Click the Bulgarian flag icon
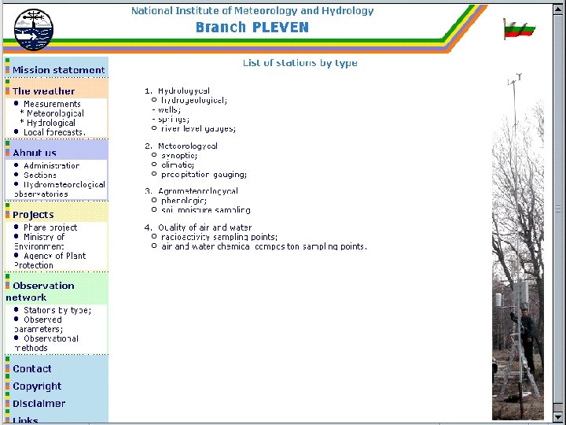(519, 29)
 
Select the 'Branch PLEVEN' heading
(252, 28)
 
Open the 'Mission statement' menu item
(58, 70)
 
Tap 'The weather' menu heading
(43, 91)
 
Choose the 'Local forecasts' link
(54, 132)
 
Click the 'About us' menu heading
(35, 153)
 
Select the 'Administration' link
(51, 166)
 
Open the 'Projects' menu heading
(33, 214)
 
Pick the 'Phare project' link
(50, 227)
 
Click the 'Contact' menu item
(32, 369)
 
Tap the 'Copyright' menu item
(37, 386)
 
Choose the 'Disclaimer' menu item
(39, 404)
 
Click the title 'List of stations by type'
(300, 63)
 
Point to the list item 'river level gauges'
(197, 128)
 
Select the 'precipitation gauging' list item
(204, 175)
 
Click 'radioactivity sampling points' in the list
(219, 237)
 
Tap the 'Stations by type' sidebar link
(57, 310)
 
